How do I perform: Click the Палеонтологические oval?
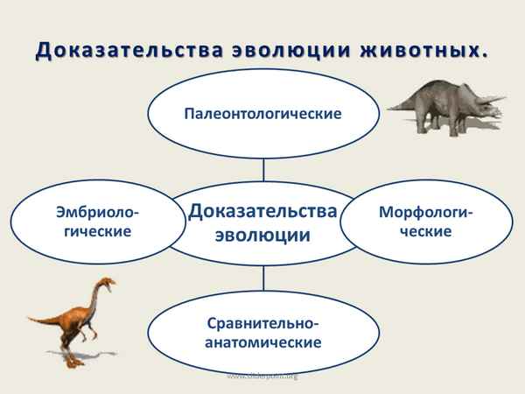tap(263, 113)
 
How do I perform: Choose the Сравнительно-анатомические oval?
tap(263, 331)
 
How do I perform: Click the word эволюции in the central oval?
tap(263, 235)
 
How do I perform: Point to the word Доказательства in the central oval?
tap(263, 212)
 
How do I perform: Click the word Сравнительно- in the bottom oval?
tap(263, 320)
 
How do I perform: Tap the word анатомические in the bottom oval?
tap(263, 341)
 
